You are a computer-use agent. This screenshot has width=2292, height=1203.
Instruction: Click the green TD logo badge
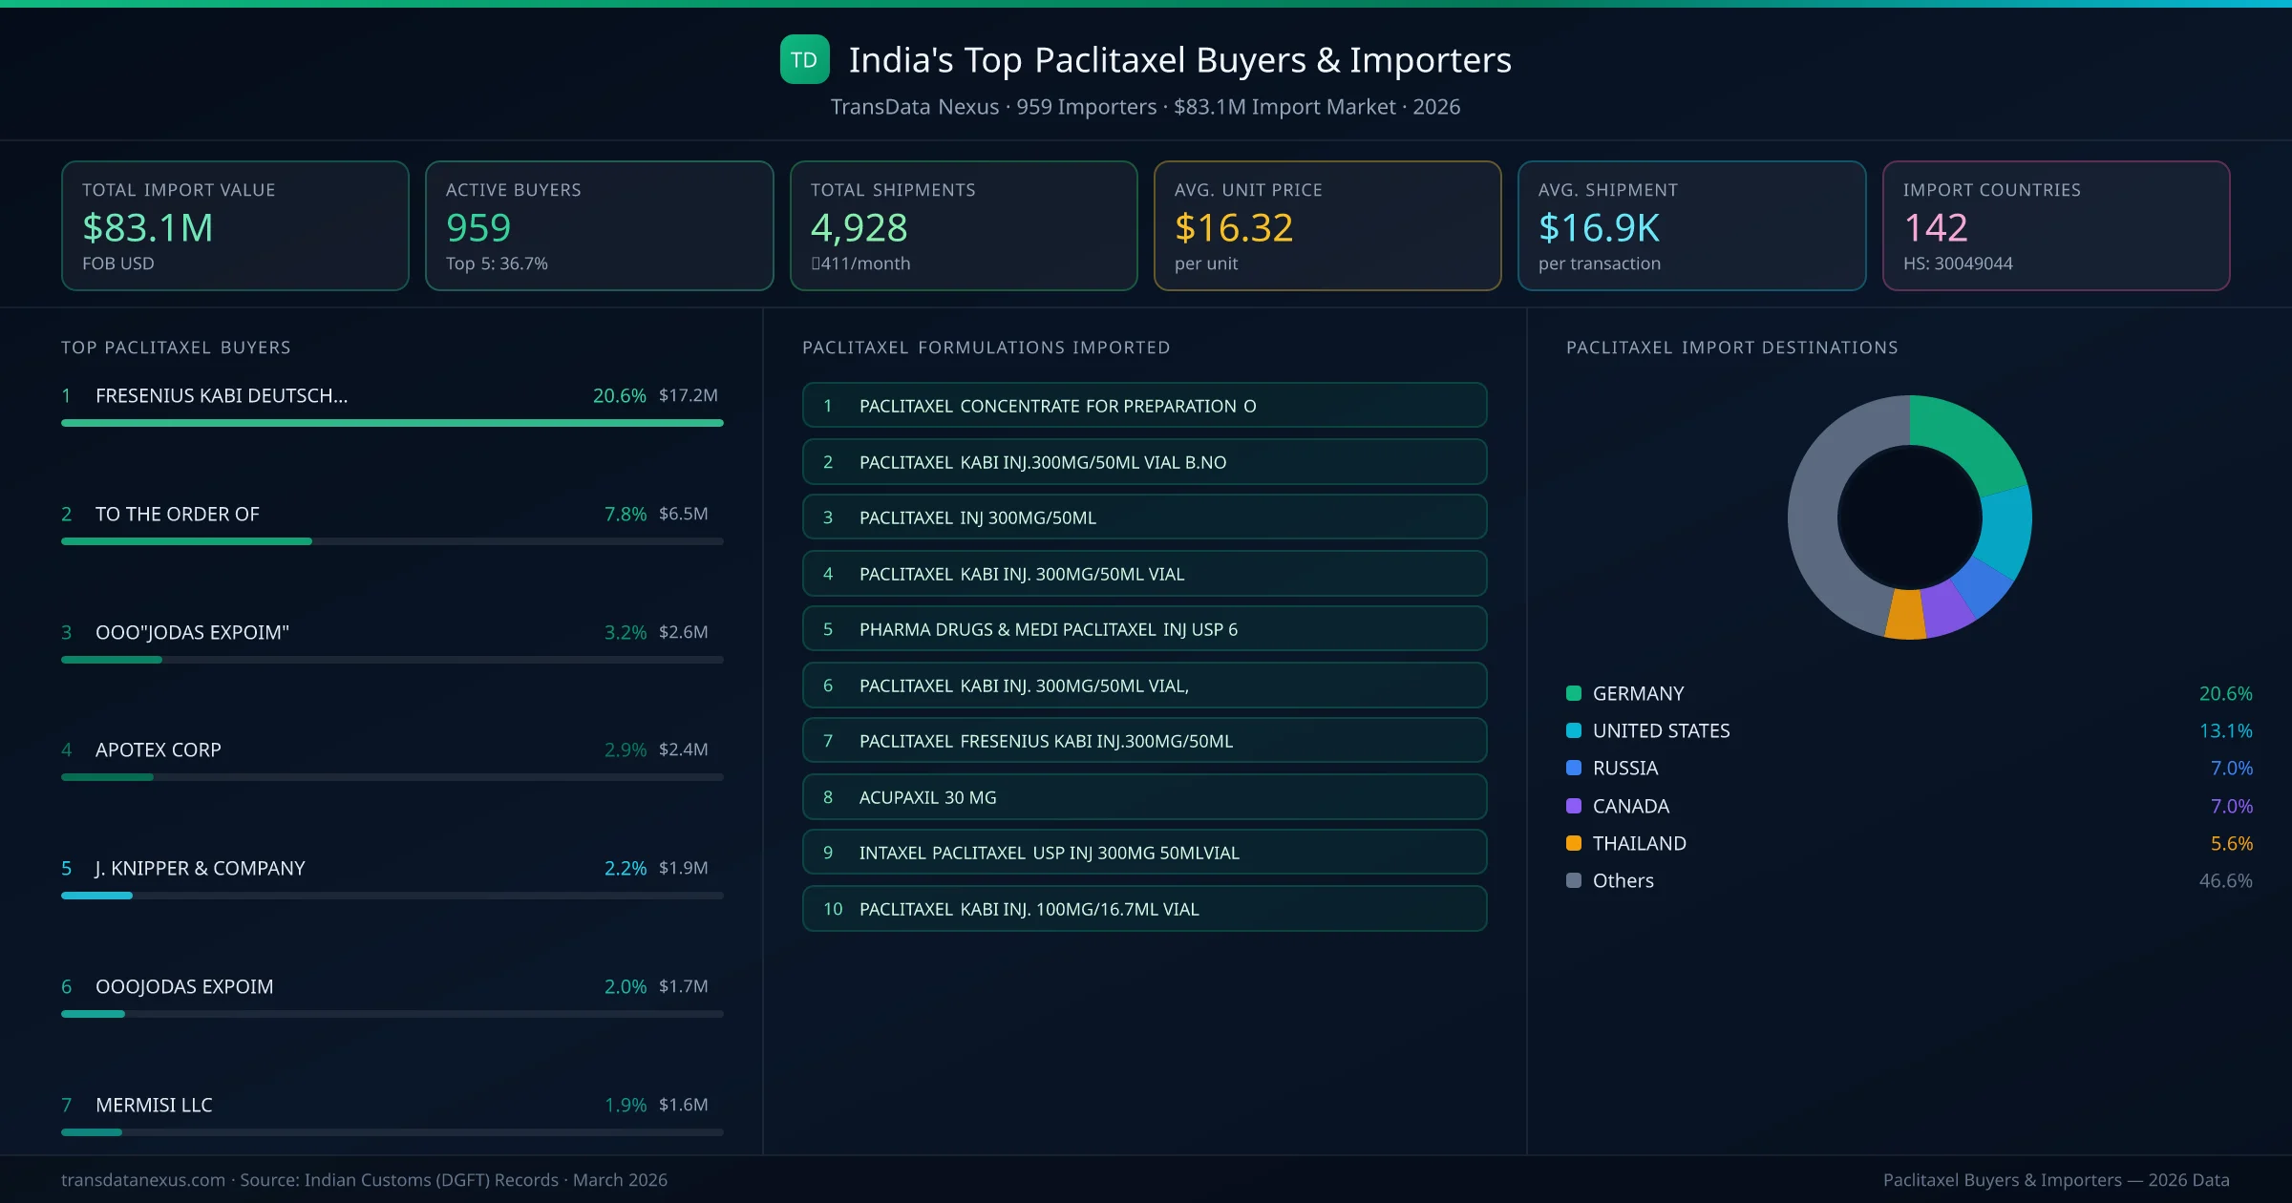pos(804,60)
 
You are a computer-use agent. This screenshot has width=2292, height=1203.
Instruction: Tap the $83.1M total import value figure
pos(147,228)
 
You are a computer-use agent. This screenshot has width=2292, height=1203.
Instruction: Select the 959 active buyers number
pos(478,228)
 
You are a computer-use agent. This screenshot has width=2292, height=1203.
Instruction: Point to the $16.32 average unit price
pos(1233,228)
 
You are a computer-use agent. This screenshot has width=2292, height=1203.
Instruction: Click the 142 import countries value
pos(1935,228)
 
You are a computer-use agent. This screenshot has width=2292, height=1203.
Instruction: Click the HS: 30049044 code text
pos(1957,264)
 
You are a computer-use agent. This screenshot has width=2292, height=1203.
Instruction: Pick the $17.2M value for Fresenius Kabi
pos(688,395)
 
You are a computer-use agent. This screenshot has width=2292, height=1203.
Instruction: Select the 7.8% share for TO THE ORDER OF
pos(625,514)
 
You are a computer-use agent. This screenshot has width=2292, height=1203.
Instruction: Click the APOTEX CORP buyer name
pos(159,749)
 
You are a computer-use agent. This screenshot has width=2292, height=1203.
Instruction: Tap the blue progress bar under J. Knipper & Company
pos(96,896)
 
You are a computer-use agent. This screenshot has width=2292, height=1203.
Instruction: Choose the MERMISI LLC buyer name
pos(154,1105)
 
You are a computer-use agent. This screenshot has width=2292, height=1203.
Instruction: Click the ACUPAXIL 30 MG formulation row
pos(1144,797)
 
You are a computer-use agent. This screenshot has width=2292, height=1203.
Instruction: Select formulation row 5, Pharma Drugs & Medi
pos(1144,629)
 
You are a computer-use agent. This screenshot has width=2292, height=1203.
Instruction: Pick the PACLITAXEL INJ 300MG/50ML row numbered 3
pos(1144,517)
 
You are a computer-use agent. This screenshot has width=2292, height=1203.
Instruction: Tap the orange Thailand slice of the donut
pos(1906,616)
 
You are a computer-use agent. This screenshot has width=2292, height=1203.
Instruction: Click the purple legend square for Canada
pos(1574,806)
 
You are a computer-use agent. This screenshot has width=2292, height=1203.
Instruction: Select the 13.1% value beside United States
pos(2225,730)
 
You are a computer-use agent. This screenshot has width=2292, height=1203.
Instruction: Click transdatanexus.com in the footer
pos(143,1180)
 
